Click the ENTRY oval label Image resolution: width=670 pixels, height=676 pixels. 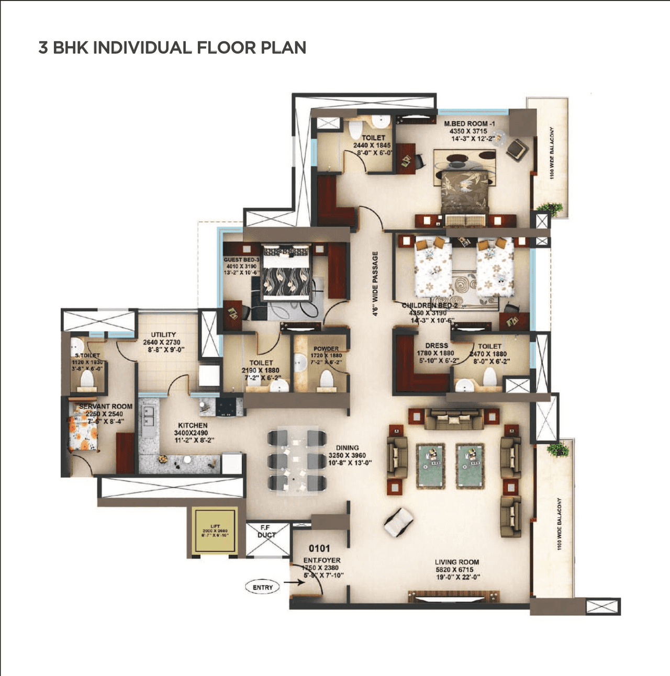pyautogui.click(x=263, y=587)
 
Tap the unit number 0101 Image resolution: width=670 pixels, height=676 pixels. pyautogui.click(x=319, y=548)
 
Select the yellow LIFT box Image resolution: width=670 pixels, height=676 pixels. pyautogui.click(x=215, y=532)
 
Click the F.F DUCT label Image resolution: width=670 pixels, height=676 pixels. pyautogui.click(x=266, y=532)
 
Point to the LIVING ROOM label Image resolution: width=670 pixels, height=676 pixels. pyautogui.click(x=456, y=562)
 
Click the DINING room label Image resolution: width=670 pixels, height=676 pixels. pyautogui.click(x=347, y=448)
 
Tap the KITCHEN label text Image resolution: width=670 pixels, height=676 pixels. pyautogui.click(x=193, y=425)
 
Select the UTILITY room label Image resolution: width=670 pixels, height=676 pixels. pyautogui.click(x=163, y=335)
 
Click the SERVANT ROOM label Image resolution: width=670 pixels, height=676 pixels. pyautogui.click(x=106, y=406)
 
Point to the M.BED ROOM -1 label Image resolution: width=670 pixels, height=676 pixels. pyautogui.click(x=466, y=124)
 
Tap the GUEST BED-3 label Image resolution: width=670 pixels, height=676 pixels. pyautogui.click(x=241, y=260)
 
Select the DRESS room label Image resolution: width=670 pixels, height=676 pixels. pyautogui.click(x=436, y=346)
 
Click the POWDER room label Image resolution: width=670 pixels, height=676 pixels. pyautogui.click(x=326, y=348)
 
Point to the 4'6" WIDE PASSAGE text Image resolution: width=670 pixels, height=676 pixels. pyautogui.click(x=375, y=284)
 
